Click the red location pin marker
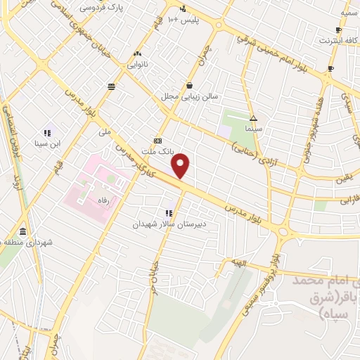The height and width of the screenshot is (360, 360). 181,166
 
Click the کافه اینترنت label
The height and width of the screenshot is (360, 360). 337,41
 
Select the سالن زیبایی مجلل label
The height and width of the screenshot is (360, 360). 191,97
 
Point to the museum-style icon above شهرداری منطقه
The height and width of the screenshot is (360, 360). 24,232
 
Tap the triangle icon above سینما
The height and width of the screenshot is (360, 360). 253,118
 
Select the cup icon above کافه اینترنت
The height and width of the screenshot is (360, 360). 338,30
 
